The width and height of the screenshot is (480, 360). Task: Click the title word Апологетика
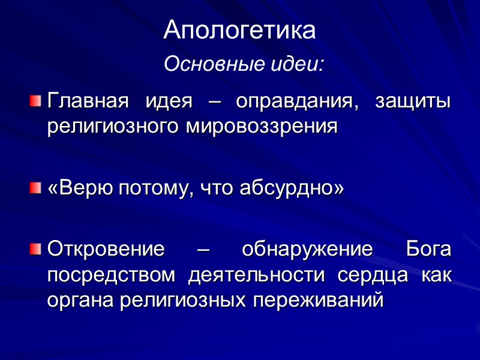point(239,31)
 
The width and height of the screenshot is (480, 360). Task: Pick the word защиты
point(413,102)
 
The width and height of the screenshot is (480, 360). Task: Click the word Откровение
point(106,250)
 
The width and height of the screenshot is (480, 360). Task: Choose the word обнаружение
point(305,250)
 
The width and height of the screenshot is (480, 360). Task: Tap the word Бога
point(428,249)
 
